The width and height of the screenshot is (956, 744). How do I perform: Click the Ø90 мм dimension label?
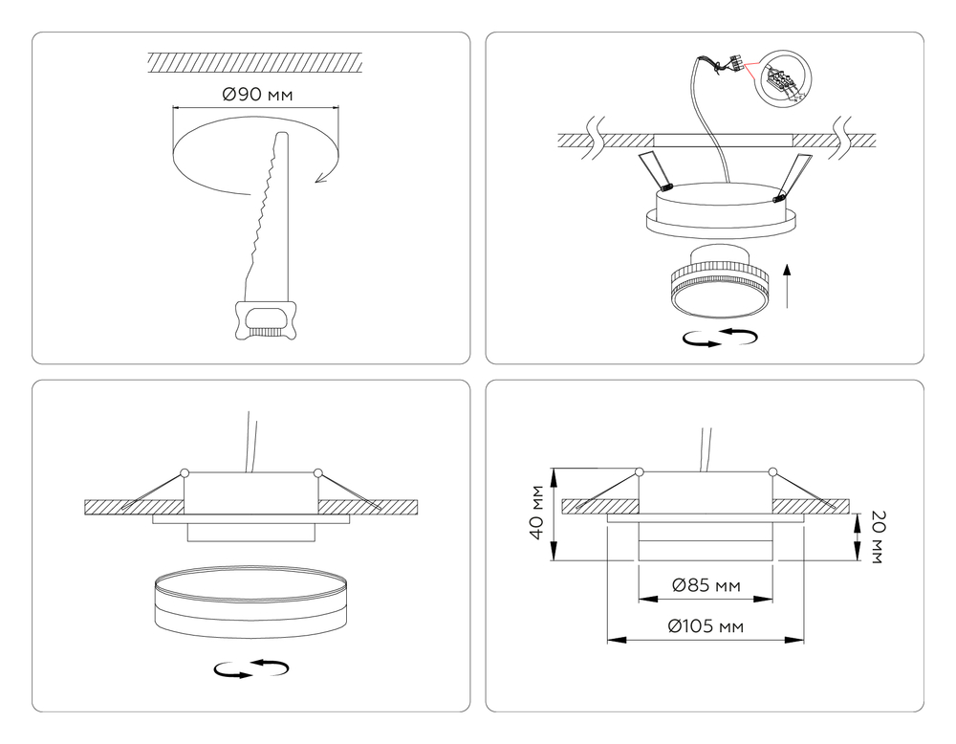(257, 95)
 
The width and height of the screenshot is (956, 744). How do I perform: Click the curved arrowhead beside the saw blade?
(320, 177)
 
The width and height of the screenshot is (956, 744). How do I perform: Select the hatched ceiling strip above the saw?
(255, 62)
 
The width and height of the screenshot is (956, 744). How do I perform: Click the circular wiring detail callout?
(783, 79)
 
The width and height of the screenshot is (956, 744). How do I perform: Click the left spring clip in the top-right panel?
(655, 171)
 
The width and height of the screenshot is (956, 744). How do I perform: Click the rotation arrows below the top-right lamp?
(720, 338)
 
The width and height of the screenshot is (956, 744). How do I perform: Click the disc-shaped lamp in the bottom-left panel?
(251, 602)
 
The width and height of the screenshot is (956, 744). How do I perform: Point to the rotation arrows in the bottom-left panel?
(251, 668)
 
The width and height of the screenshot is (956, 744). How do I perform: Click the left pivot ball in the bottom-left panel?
(185, 472)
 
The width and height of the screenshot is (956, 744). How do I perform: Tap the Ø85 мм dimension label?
(706, 585)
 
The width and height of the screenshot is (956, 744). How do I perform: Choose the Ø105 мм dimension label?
(706, 626)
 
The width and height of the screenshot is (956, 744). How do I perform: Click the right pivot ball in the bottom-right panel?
(773, 471)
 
